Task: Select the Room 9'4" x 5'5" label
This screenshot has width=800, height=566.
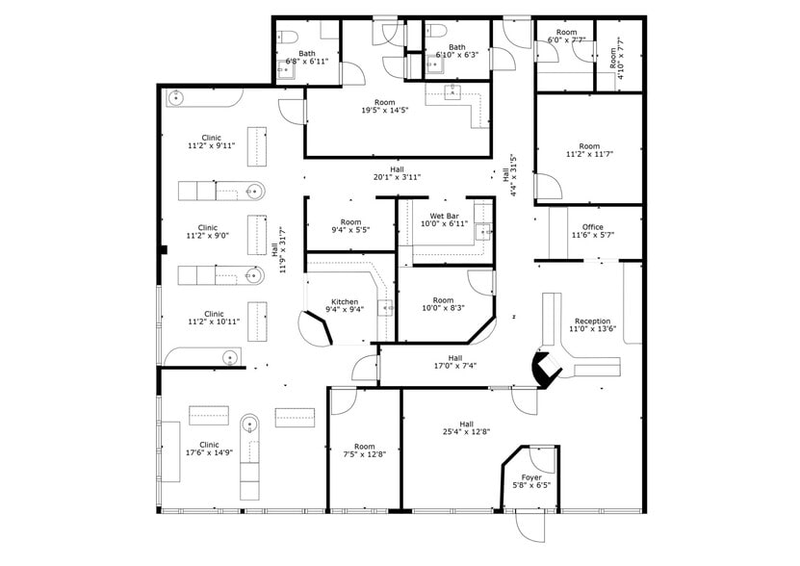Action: click(x=350, y=226)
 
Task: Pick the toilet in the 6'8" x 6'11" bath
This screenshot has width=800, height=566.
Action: click(x=289, y=39)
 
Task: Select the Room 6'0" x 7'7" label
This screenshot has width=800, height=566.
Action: click(x=566, y=37)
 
